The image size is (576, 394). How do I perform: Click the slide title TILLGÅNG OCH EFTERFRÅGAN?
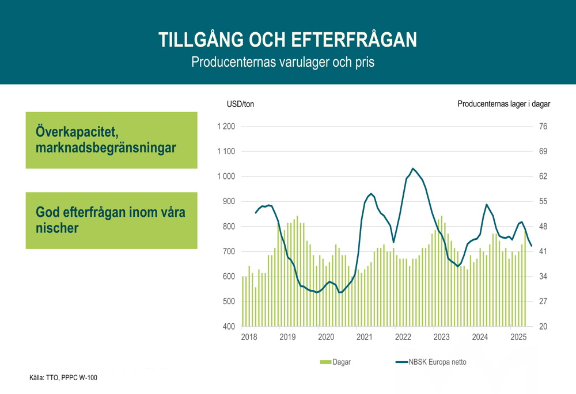[x=287, y=40]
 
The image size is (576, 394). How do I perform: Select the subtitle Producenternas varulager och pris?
[x=283, y=62]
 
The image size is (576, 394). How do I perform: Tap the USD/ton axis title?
[x=240, y=104]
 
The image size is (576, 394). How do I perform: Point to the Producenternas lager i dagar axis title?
[x=503, y=104]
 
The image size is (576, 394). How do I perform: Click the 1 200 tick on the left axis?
[x=226, y=127]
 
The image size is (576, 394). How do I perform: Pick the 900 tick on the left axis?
[x=229, y=201]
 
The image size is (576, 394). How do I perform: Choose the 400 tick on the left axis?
[x=229, y=327]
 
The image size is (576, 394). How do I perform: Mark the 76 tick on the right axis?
[x=543, y=127]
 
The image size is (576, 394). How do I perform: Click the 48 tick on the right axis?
[x=543, y=227]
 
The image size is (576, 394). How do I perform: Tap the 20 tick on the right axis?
[x=543, y=327]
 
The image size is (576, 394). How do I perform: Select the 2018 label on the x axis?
[x=249, y=337]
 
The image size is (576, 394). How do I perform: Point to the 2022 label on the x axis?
[x=403, y=337]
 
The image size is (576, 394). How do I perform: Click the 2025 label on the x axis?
[x=518, y=337]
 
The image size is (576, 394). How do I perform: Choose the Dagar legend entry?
[x=335, y=362]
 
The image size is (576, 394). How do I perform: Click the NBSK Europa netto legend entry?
[x=431, y=362]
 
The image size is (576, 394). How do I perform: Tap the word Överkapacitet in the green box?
[x=77, y=132]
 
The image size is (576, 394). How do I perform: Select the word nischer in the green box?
[x=57, y=228]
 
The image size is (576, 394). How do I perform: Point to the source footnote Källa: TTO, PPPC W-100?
[x=63, y=378]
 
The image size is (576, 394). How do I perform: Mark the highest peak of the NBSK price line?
[x=413, y=169]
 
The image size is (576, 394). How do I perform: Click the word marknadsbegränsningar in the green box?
[x=106, y=148]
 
